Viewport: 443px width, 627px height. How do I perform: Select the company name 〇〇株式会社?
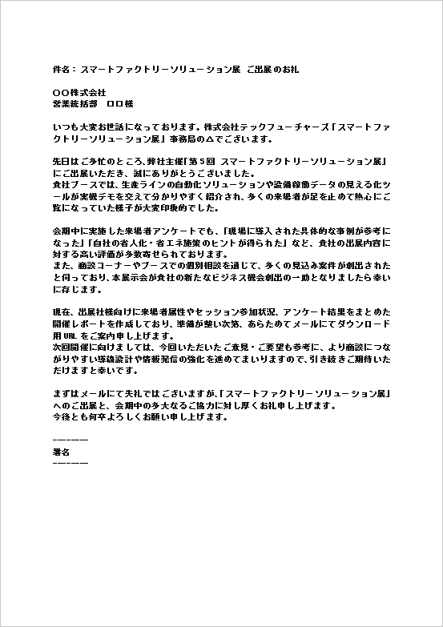79,93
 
